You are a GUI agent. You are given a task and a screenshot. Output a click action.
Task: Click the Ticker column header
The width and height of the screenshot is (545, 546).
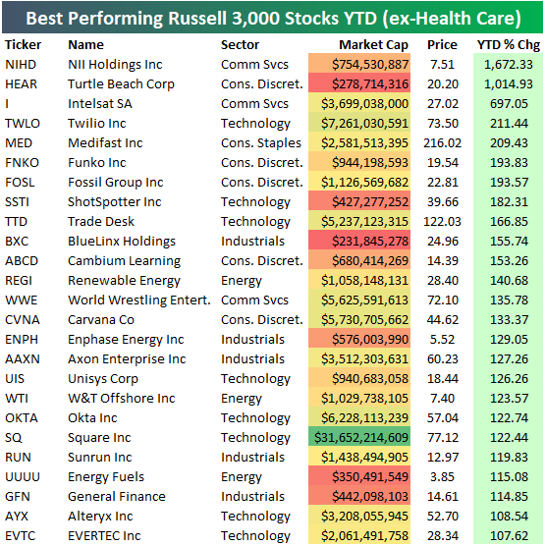click(23, 44)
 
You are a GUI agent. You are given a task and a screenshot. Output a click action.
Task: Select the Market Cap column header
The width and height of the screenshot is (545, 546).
click(373, 44)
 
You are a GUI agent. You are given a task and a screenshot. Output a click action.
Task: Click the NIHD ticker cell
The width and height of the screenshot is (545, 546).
click(22, 64)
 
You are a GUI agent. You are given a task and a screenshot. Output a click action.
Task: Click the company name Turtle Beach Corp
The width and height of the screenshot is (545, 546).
click(121, 83)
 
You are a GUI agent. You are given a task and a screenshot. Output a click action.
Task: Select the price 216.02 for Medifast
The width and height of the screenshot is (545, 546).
click(442, 142)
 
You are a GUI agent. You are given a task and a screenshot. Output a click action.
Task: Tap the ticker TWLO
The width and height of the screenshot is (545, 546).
click(25, 123)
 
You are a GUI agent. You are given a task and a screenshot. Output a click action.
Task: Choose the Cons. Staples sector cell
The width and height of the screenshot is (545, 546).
click(262, 142)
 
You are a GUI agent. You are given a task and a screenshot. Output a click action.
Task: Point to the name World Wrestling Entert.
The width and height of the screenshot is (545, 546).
click(138, 300)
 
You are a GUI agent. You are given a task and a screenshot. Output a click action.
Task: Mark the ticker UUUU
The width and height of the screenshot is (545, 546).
click(25, 476)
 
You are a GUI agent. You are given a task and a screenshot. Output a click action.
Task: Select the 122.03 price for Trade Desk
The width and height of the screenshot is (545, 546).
click(442, 221)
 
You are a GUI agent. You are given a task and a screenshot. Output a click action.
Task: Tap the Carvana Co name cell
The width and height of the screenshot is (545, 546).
click(101, 319)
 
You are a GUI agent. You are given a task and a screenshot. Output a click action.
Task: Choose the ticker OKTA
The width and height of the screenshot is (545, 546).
click(24, 417)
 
